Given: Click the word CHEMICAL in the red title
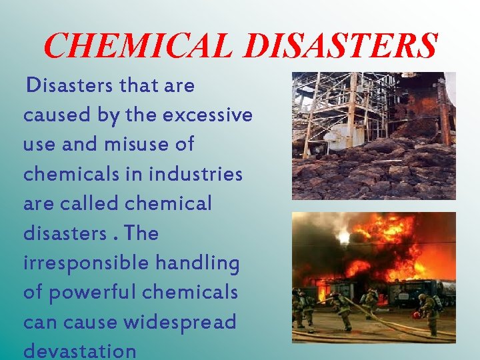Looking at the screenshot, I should [x=137, y=45].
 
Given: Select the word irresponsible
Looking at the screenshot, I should [x=86, y=263].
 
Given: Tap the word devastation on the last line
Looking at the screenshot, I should [x=79, y=351].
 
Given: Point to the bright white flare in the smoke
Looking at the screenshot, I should [x=343, y=237].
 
